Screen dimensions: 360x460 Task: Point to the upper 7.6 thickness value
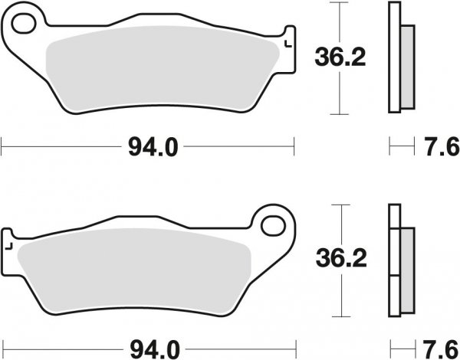439,145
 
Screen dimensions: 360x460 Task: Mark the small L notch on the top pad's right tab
287,44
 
